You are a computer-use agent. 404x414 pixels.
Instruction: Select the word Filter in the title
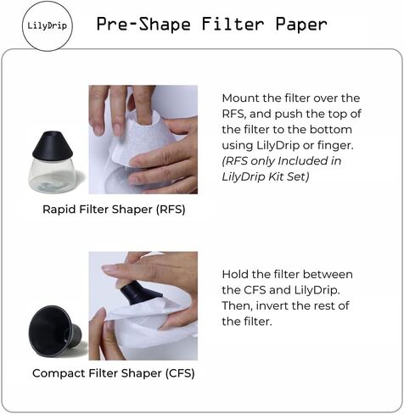pos(228,24)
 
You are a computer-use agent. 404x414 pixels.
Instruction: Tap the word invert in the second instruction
pos(272,305)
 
